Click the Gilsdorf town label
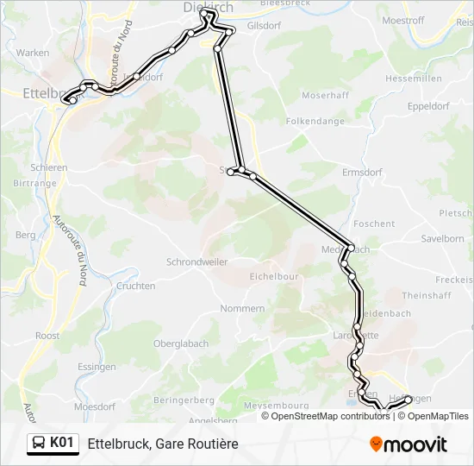(264, 26)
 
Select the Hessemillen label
(414, 78)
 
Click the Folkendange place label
(315, 122)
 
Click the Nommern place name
(242, 308)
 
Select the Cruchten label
(135, 286)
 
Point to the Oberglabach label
(181, 343)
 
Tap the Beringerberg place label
(184, 400)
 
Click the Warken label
(33, 53)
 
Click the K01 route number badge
(62, 443)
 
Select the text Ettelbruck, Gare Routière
(163, 444)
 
